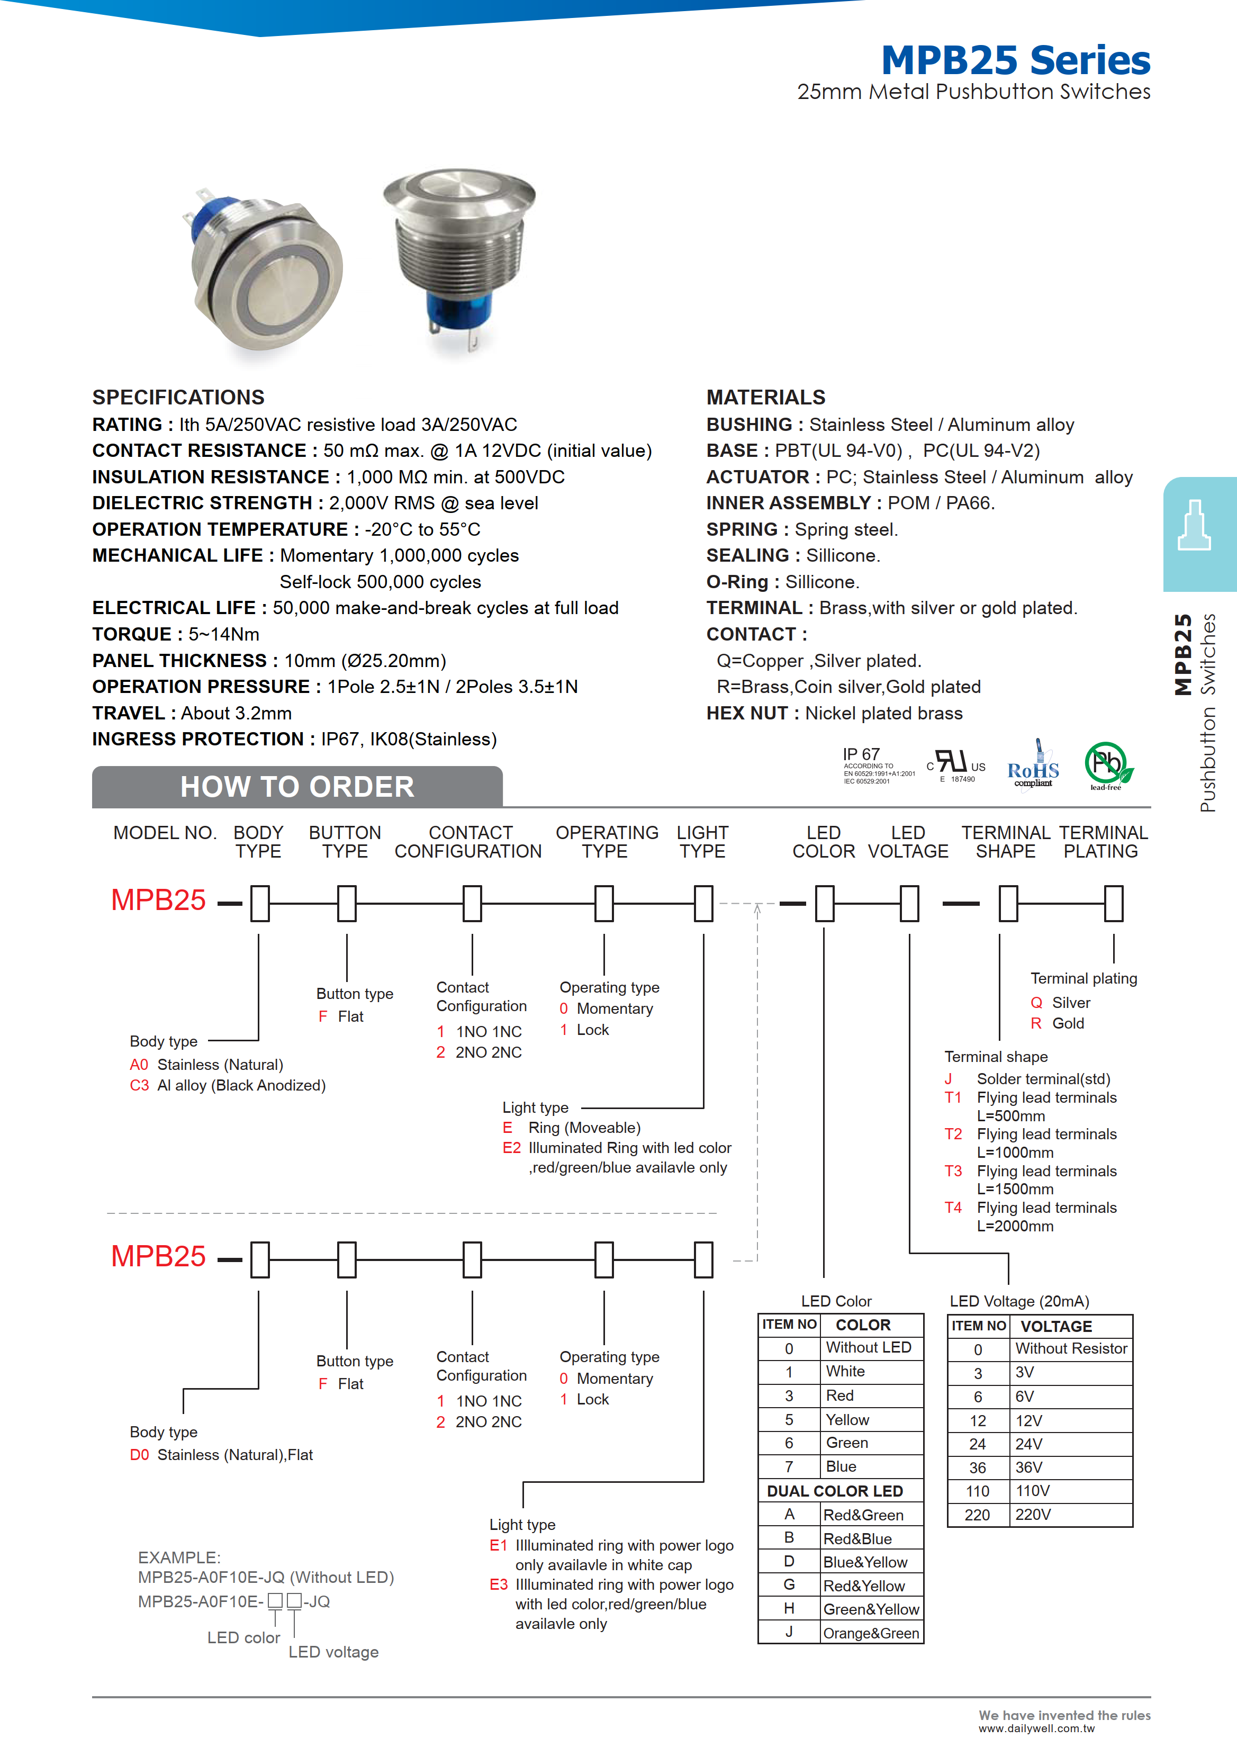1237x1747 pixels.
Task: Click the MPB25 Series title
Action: point(1015,60)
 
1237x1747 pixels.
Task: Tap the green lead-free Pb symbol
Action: point(1107,764)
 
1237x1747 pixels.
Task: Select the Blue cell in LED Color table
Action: point(841,1466)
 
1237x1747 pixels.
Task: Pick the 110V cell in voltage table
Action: point(1032,1491)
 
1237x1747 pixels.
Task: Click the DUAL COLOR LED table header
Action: point(835,1491)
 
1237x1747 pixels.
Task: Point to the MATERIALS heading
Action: point(765,398)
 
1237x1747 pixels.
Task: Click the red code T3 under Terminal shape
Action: point(953,1171)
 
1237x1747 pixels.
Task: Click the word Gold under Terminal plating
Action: point(1068,1023)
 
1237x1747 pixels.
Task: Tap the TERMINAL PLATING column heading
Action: point(1102,842)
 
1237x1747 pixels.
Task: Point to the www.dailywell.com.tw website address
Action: point(1036,1728)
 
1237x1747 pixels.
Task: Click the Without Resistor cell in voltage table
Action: point(1070,1348)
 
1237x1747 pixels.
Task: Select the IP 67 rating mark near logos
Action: point(862,754)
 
